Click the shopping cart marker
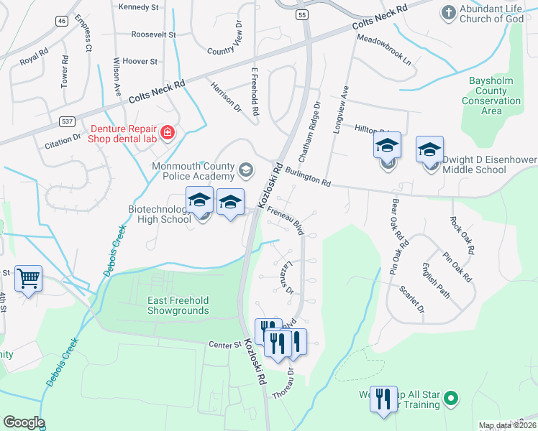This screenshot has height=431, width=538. [28, 277]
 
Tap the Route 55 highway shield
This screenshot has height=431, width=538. [301, 14]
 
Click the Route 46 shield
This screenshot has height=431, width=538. [63, 21]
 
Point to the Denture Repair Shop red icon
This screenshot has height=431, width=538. [168, 132]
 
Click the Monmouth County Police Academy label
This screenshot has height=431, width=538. [193, 171]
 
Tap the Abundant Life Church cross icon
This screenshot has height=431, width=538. [448, 11]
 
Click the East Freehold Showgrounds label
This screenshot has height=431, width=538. [178, 305]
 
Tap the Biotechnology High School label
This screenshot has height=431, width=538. [159, 214]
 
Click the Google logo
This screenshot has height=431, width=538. [23, 422]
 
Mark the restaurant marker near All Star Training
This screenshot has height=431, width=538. [383, 399]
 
